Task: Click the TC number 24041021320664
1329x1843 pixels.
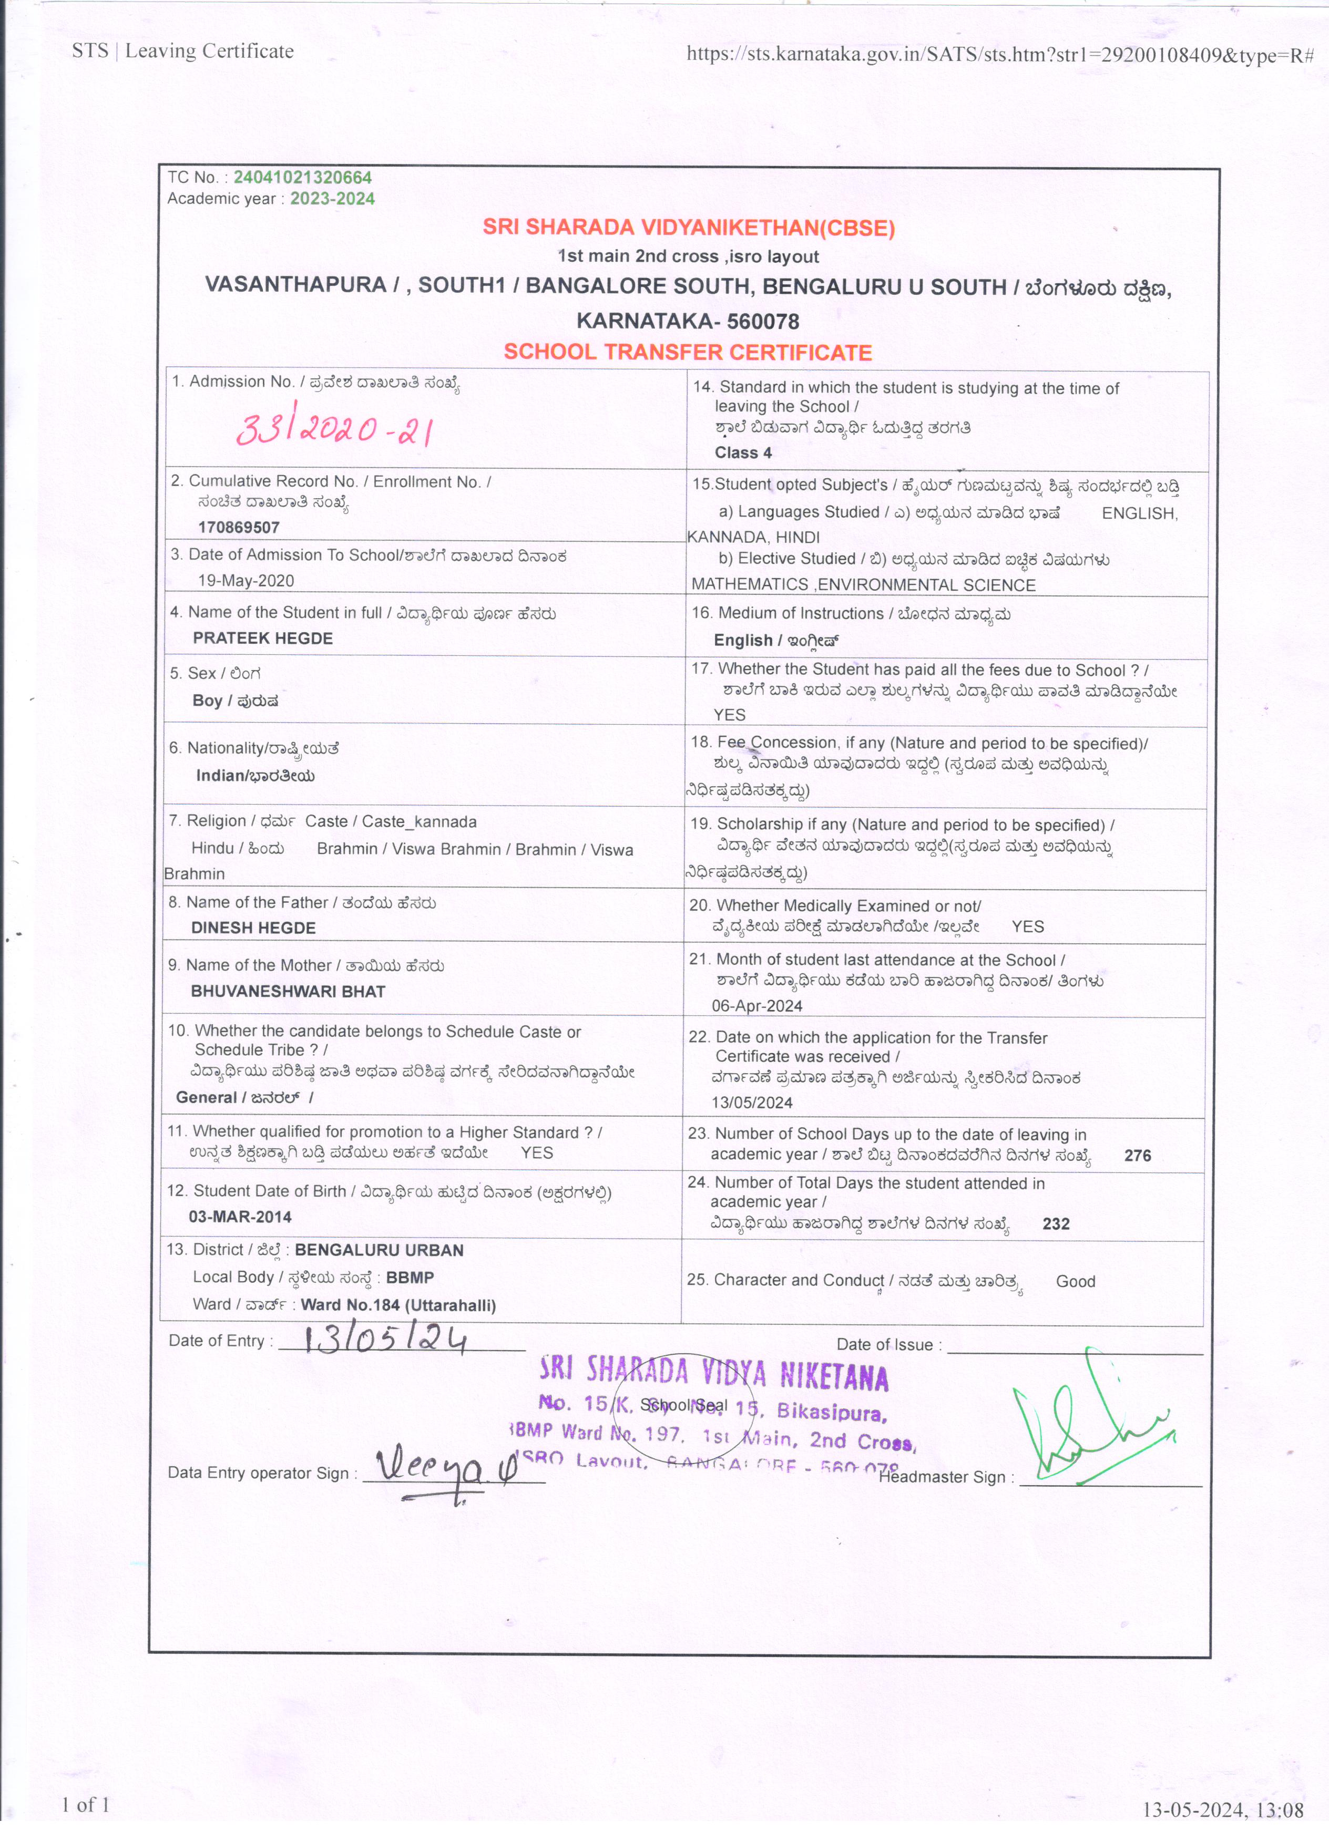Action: pos(302,177)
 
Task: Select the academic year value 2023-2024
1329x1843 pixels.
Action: pos(332,199)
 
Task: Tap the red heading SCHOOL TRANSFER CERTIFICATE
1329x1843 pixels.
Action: pos(687,352)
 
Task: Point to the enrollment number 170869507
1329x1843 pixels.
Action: pos(239,528)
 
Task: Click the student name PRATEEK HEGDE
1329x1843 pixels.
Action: pos(262,639)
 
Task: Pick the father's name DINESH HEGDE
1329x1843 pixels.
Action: pos(253,928)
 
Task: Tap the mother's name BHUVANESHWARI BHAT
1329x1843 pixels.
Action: pos(288,991)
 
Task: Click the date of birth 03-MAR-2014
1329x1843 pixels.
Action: pos(240,1217)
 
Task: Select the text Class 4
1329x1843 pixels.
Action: pos(743,452)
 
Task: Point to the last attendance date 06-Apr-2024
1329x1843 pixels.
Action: pos(756,1006)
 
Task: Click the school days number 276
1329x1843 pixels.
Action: pos(1137,1156)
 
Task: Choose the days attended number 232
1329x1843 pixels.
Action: pos(1056,1224)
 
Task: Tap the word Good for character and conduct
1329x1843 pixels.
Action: pos(1076,1282)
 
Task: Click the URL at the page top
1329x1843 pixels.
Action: pos(1000,55)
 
